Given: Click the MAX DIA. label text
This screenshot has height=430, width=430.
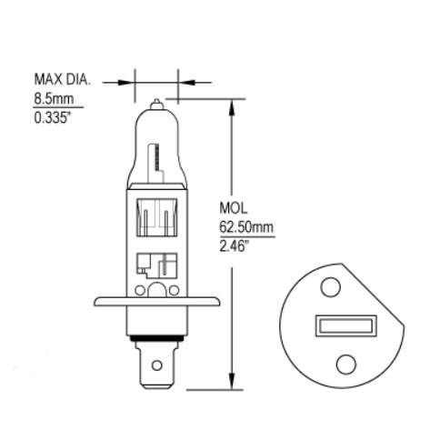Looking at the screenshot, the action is click(63, 79).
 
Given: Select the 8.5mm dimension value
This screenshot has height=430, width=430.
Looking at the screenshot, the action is click(54, 99).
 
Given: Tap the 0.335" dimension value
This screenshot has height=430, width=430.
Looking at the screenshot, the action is click(51, 117).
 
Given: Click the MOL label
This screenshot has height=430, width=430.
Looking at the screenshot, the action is click(234, 208).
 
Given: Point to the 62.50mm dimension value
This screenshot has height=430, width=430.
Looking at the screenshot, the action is click(246, 226).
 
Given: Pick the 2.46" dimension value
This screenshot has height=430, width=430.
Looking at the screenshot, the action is click(232, 245).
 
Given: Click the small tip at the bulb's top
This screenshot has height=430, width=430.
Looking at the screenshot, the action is click(156, 104).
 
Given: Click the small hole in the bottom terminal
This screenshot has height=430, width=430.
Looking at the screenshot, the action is click(156, 365).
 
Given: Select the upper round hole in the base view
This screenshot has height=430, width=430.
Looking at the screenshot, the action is click(331, 287).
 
